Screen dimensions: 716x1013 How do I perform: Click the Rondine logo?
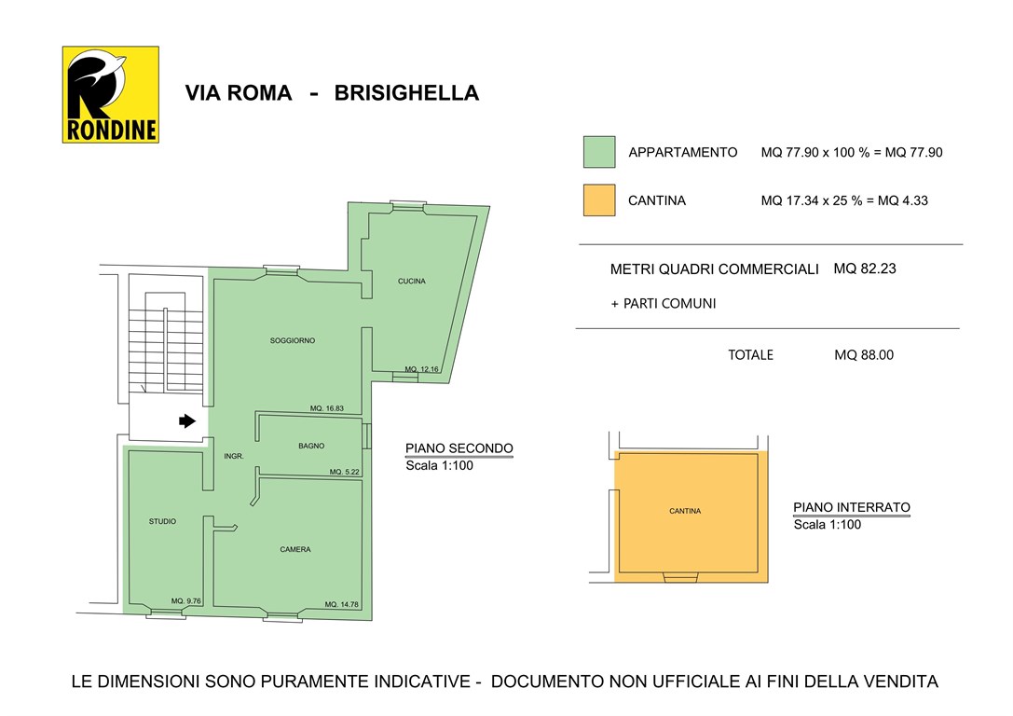pos(110,94)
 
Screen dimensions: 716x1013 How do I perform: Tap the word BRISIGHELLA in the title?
pos(406,93)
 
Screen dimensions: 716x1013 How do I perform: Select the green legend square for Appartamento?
pos(599,152)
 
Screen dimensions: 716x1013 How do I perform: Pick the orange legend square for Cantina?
pos(599,200)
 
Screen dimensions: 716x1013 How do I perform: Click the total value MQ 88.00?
pos(864,355)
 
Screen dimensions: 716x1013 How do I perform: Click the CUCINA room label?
pos(411,282)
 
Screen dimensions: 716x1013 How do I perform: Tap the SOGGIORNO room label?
pos(293,340)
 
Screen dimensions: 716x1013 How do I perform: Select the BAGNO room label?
pos(311,447)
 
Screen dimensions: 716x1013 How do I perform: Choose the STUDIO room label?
pos(162,521)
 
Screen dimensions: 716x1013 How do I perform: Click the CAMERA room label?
pos(295,549)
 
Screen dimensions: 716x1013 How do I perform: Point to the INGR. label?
pos(234,457)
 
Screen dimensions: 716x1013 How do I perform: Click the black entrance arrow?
pos(186,420)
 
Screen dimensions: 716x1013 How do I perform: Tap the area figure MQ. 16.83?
pos(327,408)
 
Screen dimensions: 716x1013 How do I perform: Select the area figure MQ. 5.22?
pos(344,473)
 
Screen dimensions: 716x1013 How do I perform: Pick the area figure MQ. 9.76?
pos(186,601)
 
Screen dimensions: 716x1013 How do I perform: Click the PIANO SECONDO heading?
pos(459,448)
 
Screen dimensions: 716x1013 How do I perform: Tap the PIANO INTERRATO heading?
pos(852,508)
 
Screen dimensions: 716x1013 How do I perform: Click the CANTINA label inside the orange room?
pos(685,511)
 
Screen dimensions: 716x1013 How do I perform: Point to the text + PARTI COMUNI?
pos(664,303)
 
